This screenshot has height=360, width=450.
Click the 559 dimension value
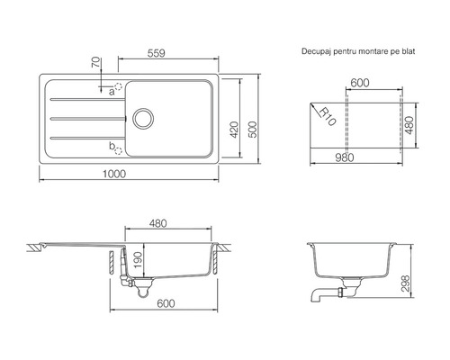coord(157,53)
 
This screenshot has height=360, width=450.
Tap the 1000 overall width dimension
coord(114,174)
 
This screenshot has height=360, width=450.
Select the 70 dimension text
coord(95,62)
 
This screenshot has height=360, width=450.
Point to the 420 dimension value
coord(235,130)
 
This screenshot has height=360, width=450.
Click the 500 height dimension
coord(254,130)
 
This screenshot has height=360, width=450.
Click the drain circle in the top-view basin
coord(143,119)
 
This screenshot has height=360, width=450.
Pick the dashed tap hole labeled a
coord(119,86)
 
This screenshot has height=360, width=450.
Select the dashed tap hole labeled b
coord(119,151)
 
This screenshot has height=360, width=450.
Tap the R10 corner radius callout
coord(327,116)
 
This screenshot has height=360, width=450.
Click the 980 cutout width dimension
coord(345,157)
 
